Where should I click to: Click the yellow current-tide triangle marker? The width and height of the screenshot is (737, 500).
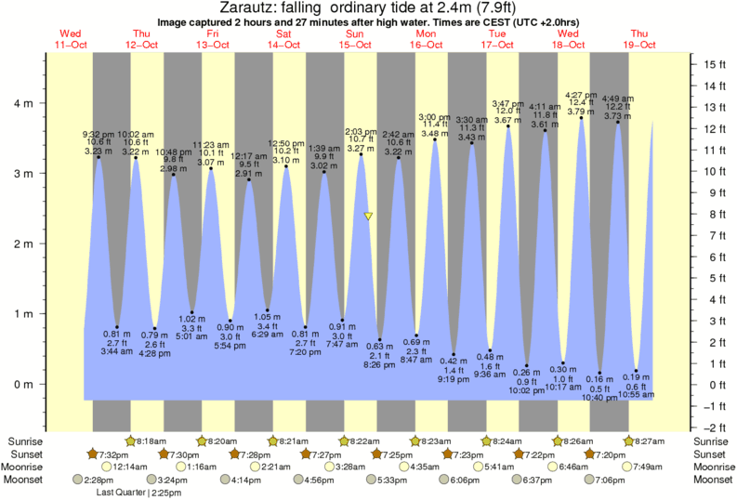(369, 217)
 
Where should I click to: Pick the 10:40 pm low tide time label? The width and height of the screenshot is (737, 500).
(599, 399)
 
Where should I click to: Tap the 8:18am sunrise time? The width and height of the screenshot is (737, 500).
(153, 441)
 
